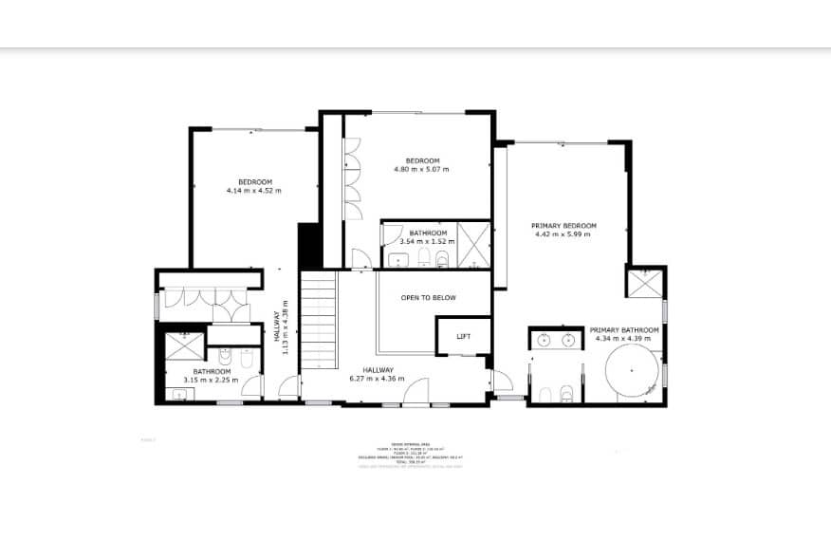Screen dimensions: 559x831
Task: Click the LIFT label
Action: [x=464, y=337]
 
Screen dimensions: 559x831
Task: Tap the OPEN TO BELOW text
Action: [x=428, y=298]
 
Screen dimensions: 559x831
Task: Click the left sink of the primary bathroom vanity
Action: [x=545, y=339]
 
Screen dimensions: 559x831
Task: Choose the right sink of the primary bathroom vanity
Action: [x=569, y=339]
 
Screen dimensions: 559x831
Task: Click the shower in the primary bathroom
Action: [x=644, y=282]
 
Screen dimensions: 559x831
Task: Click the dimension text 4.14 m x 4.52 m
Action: [x=254, y=191]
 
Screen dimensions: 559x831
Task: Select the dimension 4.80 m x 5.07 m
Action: [x=421, y=170]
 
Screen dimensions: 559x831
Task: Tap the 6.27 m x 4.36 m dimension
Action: [x=377, y=379]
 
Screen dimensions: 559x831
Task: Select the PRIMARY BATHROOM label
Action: [x=626, y=330]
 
